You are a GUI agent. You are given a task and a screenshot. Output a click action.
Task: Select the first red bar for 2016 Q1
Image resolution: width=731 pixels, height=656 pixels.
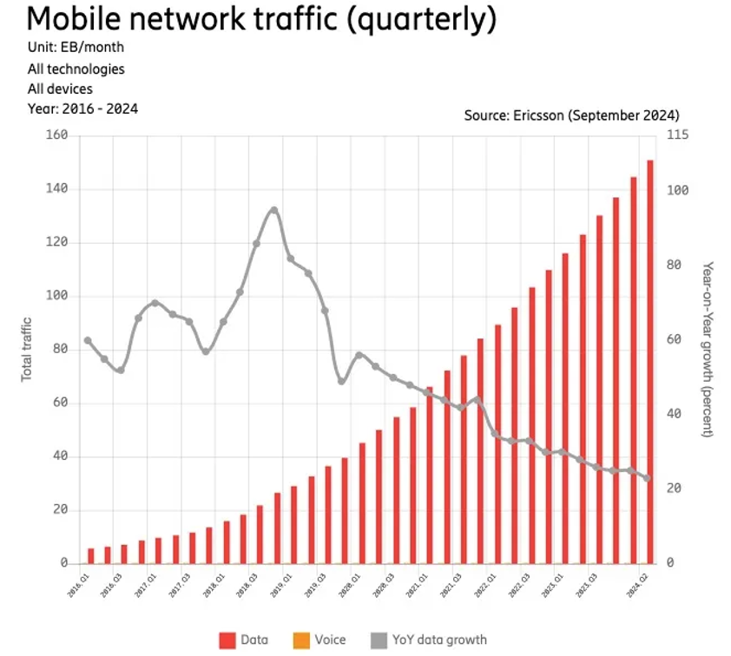click(91, 555)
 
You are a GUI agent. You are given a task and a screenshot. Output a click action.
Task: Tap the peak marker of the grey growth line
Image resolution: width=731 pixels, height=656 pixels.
click(274, 210)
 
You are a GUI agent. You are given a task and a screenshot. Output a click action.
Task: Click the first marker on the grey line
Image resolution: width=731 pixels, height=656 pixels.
click(88, 340)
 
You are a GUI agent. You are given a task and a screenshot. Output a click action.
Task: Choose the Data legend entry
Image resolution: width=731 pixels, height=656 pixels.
click(244, 640)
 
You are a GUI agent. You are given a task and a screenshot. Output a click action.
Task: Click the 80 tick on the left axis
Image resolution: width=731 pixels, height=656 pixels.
click(59, 350)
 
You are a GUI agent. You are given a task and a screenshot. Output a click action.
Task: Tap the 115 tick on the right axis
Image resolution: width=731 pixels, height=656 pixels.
click(677, 135)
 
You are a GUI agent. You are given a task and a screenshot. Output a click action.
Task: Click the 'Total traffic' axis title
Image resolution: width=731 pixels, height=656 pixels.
click(27, 348)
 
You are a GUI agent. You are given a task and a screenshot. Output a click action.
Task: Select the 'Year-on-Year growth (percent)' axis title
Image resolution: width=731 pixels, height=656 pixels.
click(708, 349)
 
